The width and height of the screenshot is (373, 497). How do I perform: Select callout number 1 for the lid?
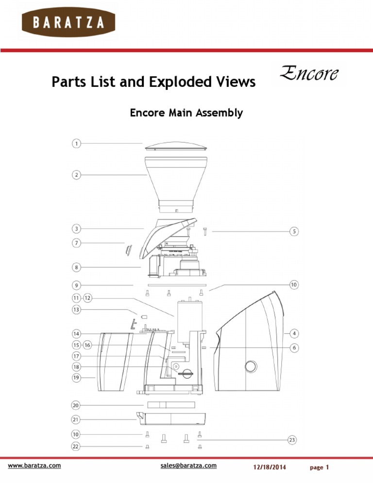[x=76, y=143]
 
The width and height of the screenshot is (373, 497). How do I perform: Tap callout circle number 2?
[x=76, y=175]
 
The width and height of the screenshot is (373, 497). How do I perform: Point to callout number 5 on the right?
[x=294, y=232]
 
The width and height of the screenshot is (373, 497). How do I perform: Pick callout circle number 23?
[x=292, y=440]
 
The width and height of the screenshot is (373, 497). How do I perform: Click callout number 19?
[x=76, y=377]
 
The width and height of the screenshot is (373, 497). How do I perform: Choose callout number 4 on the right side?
[x=294, y=333]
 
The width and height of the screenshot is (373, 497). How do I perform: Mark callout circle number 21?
[x=76, y=419]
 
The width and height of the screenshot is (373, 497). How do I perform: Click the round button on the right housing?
[x=251, y=366]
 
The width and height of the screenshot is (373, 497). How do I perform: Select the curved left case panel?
[x=116, y=361]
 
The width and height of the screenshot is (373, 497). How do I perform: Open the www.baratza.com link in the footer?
[x=34, y=465]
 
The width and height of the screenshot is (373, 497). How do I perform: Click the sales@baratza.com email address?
[x=188, y=465]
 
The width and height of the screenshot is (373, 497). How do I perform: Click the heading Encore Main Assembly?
[x=186, y=113]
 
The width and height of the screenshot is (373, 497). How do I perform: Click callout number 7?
[x=76, y=243]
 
